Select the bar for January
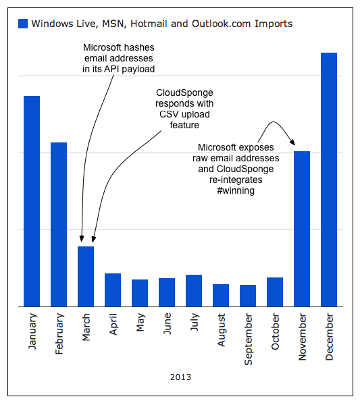coord(32,201)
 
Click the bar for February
coord(59,225)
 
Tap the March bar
coord(86,277)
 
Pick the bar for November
coord(302,229)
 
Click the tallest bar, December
coord(329,180)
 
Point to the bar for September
coord(248,296)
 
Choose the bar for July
coord(194,291)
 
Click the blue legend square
coord(23,24)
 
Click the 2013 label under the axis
coord(180,377)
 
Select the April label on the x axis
coord(113,324)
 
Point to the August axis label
coord(222,329)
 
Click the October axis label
coord(275,331)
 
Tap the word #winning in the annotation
coord(236,190)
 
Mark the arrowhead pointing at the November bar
coord(292,142)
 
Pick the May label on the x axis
coord(140,322)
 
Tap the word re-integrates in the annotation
coord(236,180)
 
